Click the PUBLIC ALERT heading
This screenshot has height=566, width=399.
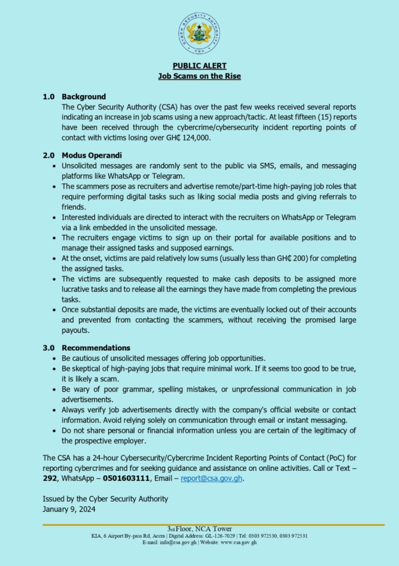[x=199, y=66]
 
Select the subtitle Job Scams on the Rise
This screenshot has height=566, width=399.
[x=199, y=76]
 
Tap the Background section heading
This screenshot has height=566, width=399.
[x=84, y=96]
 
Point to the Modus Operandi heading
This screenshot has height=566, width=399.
[x=92, y=155]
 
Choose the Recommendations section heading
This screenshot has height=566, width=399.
[x=96, y=348]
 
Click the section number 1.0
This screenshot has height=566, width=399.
[x=49, y=96]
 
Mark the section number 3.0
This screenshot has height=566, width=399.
[x=49, y=348]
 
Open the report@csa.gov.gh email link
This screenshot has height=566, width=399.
[x=211, y=478]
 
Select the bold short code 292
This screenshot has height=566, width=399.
[x=50, y=478]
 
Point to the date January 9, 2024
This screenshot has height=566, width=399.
[x=69, y=509]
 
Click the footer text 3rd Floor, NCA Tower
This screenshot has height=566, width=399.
[x=199, y=529]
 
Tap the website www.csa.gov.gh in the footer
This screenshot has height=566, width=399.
[x=238, y=542]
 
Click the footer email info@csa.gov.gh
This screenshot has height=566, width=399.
[x=178, y=542]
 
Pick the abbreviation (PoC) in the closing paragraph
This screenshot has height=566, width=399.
[x=321, y=458]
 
